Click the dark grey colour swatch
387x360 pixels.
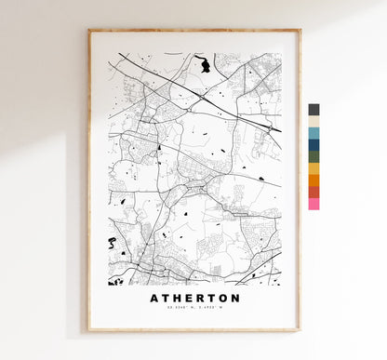point(314,110)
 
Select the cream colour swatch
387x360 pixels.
point(314,121)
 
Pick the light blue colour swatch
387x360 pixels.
point(314,133)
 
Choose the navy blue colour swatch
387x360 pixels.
point(314,145)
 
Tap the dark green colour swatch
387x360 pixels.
point(314,156)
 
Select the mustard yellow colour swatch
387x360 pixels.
point(314,168)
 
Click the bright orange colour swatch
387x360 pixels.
point(314,180)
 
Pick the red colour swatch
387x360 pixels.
point(314,192)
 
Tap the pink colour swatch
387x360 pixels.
point(314,203)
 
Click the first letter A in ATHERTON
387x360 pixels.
point(153,299)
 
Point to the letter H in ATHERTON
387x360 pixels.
point(177,299)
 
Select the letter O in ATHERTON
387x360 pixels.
point(224,299)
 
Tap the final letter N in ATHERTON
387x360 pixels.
point(236,299)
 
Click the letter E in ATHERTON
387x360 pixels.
point(189,299)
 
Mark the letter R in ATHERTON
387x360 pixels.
point(200,299)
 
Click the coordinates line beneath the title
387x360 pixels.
point(194,310)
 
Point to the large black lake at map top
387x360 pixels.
point(204,65)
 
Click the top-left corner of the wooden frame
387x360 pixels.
point(89,31)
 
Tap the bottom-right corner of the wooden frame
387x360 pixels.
point(300,330)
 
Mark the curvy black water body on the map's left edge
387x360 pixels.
point(113,244)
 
